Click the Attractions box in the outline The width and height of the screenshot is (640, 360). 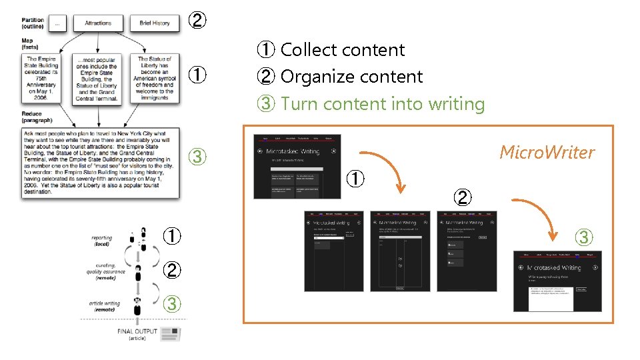coord(98,23)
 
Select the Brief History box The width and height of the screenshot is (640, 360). coord(155,23)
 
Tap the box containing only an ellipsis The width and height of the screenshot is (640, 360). coord(57,23)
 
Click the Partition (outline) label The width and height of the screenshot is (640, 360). coord(33,23)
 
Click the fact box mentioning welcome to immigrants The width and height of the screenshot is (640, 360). coord(155,79)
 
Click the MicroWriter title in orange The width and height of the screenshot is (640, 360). coord(547,153)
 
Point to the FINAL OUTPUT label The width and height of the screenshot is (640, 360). coord(137,331)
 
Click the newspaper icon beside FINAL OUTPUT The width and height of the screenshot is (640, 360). coord(171,333)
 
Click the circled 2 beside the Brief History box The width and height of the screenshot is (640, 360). coord(197,21)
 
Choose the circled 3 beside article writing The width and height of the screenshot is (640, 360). coord(171,304)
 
